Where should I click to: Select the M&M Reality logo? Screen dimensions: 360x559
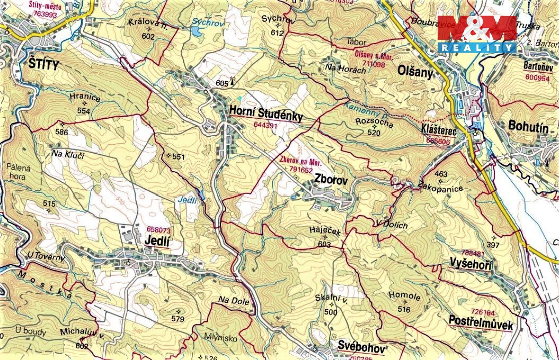(476, 34)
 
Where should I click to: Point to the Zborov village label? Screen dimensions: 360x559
(331, 180)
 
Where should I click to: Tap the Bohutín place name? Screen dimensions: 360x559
(527, 126)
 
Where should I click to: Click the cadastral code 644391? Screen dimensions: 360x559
(266, 125)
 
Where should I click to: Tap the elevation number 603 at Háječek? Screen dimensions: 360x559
(325, 245)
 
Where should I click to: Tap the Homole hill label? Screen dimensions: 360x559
(404, 297)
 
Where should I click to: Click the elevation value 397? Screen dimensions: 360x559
(492, 245)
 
